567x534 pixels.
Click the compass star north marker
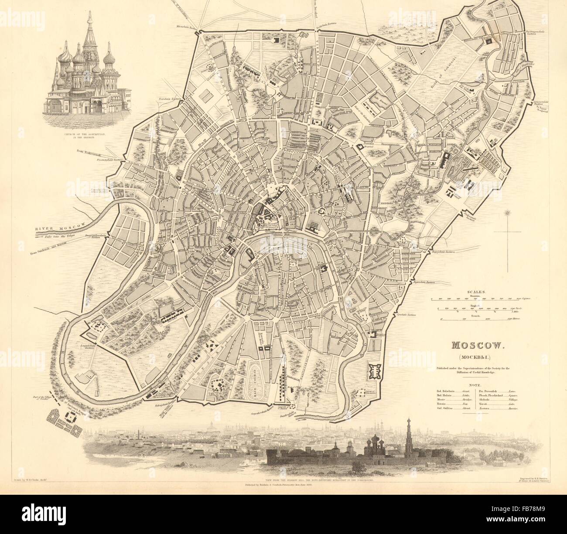507,214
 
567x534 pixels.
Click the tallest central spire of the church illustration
89,26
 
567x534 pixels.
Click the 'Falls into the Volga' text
61,235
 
